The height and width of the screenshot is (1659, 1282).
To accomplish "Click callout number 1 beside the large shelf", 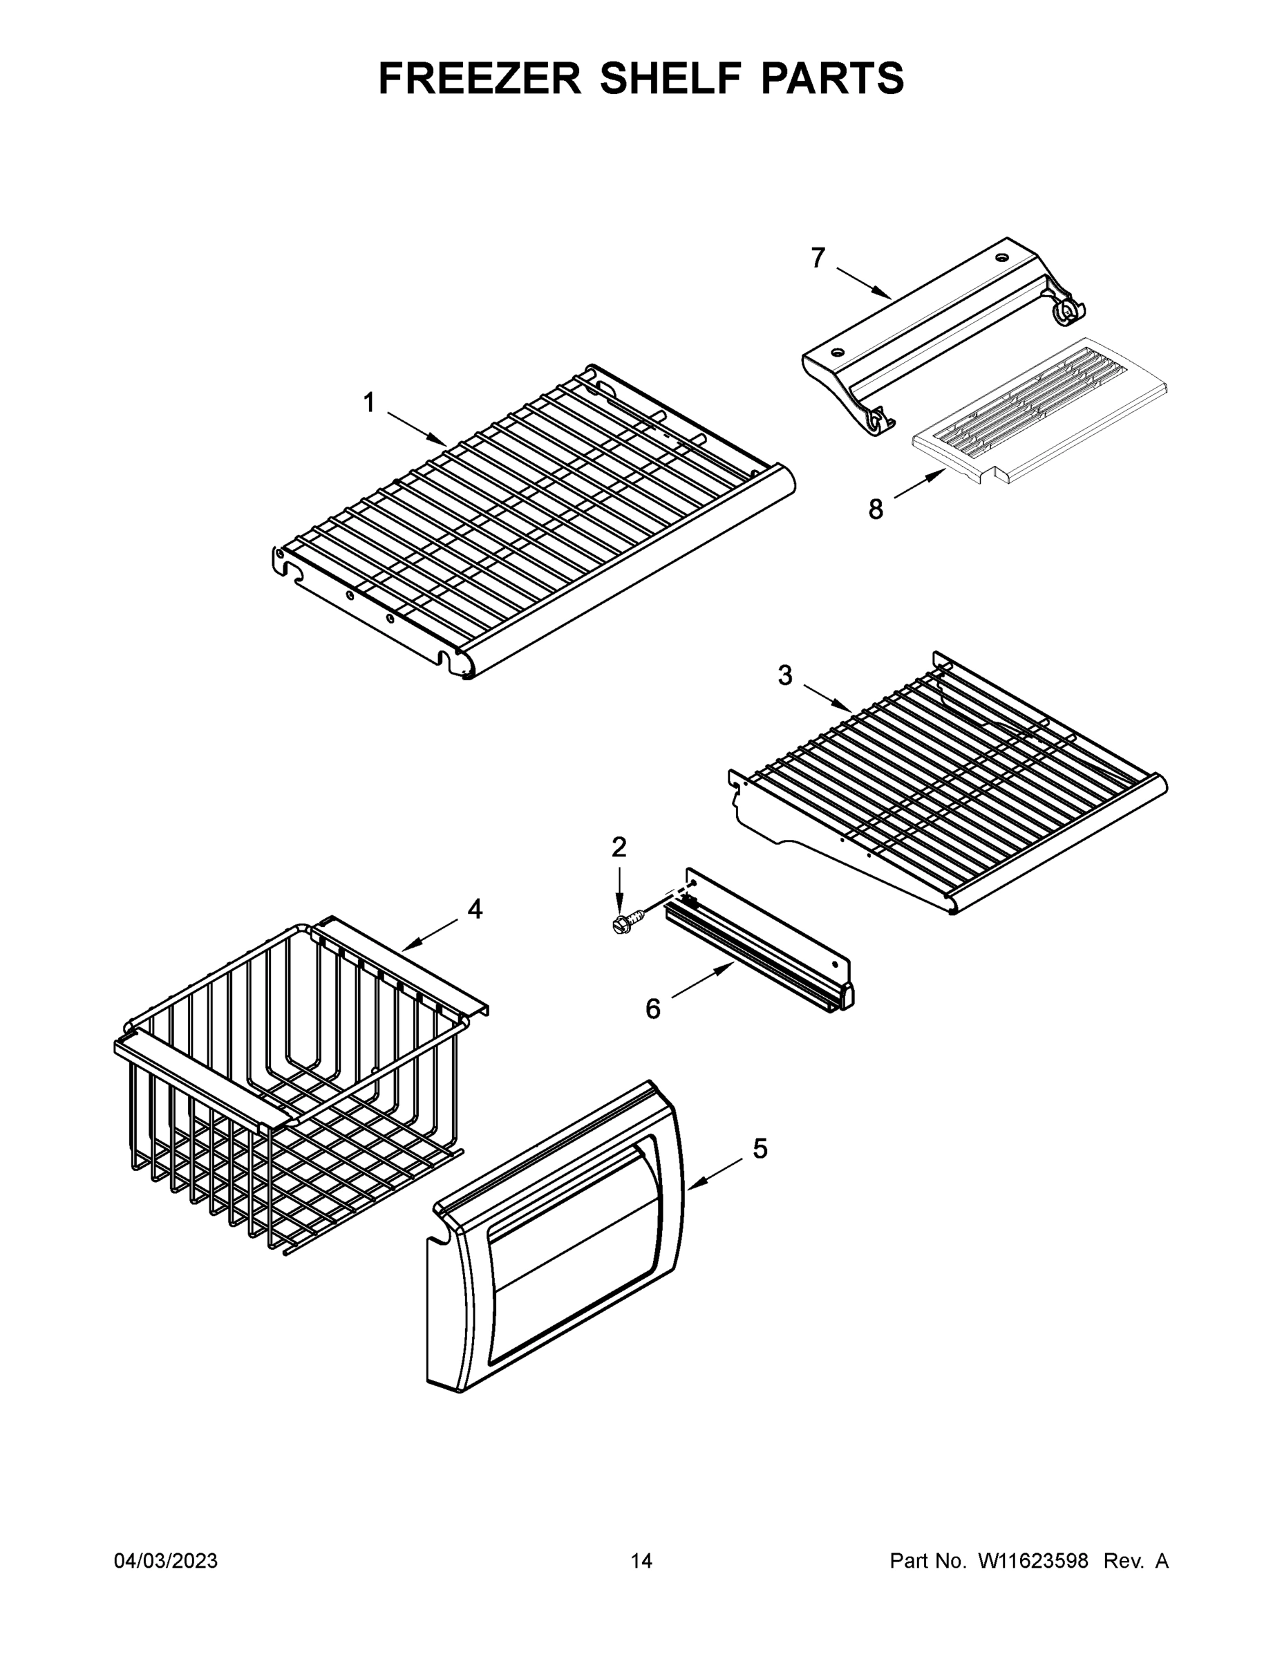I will pos(369,402).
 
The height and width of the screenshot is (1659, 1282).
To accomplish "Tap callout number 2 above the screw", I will pos(619,846).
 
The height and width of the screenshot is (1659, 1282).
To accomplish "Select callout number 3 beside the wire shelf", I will pos(785,675).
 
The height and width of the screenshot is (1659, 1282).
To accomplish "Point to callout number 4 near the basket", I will pos(475,908).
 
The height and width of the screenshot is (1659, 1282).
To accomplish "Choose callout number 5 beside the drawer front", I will pos(760,1149).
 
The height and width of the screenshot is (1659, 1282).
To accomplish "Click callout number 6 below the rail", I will pos(653,1009).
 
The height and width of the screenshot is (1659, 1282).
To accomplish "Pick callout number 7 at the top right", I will pos(817,259).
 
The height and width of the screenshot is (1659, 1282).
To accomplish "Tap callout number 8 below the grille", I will pos(876,509).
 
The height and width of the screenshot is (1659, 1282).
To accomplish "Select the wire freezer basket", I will pos(296,1078).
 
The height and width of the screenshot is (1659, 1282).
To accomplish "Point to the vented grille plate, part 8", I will pos(1041,410).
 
